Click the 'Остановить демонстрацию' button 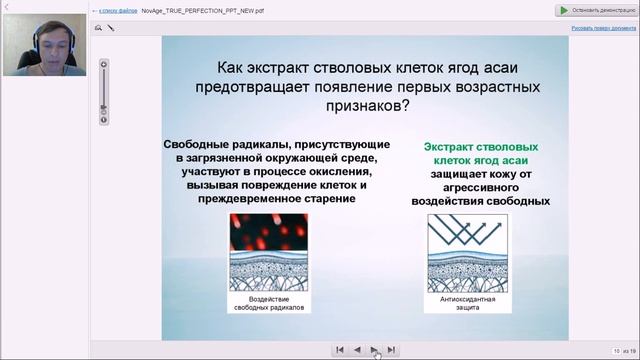click(595, 10)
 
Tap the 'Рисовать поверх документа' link click(602, 28)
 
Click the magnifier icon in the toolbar click(99, 28)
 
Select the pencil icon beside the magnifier click(111, 28)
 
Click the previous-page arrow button click(357, 350)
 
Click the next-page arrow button click(374, 350)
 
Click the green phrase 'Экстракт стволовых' click(486, 146)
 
